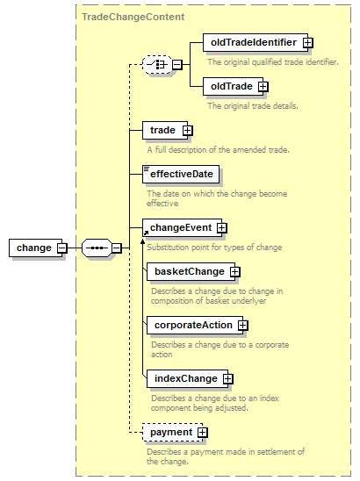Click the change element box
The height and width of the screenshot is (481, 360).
pos(36,248)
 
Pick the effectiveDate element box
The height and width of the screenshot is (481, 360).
pos(181,175)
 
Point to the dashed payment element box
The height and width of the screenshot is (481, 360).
pos(172,432)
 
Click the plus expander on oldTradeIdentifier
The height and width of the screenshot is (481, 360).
pos(308,43)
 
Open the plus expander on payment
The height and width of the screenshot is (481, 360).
pos(203,433)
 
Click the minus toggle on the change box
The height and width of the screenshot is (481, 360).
pos(62,248)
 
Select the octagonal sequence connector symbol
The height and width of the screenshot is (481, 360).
pos(97,248)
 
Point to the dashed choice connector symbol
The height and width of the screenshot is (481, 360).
pos(157,65)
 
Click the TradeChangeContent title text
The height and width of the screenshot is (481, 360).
pos(133,17)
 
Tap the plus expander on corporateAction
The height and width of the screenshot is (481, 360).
pos(242,325)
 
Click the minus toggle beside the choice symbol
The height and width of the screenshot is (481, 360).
pos(177,65)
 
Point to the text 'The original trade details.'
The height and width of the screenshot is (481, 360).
pos(253,106)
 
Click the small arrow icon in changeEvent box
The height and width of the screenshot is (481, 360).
pos(146,233)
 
